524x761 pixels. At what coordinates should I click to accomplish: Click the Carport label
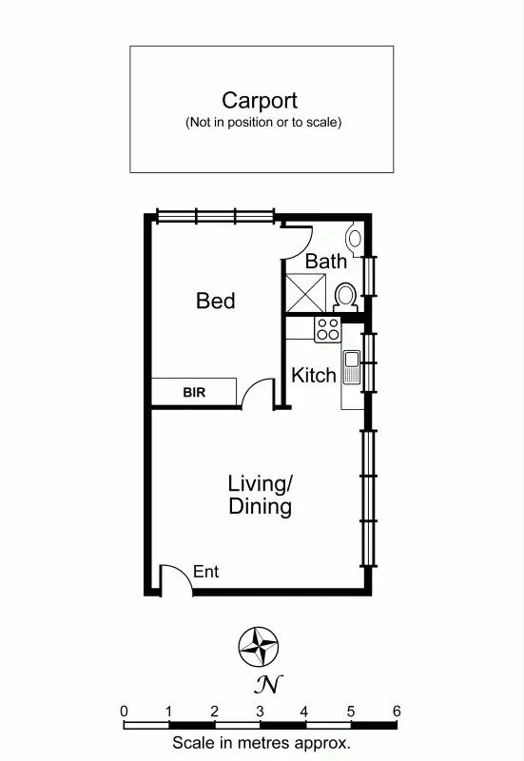[x=260, y=100]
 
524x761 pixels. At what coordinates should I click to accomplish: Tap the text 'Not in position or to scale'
[x=262, y=122]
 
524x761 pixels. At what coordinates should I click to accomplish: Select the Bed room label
[x=216, y=301]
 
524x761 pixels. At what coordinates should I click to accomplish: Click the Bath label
[x=325, y=261]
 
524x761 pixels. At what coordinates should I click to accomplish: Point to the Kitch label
[x=314, y=375]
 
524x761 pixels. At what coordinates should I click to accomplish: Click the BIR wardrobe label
[x=195, y=391]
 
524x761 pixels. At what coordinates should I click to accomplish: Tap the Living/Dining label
[x=260, y=495]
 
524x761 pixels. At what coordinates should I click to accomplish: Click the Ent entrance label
[x=205, y=572]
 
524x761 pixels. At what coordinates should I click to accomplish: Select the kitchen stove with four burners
[x=327, y=329]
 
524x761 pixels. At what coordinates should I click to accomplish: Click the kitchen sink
[x=351, y=366]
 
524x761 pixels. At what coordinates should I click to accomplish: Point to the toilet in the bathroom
[x=346, y=296]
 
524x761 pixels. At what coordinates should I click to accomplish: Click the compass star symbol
[x=258, y=647]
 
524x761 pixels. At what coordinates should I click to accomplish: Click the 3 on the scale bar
[x=260, y=711]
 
